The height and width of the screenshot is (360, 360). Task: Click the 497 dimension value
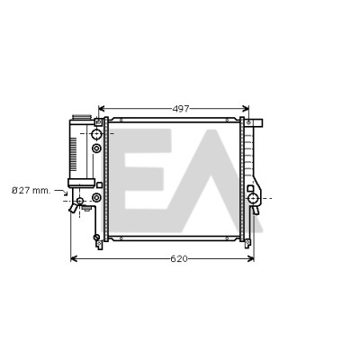point(181,109)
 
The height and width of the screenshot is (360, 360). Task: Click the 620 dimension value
point(179,258)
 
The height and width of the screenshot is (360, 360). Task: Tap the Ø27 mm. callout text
point(31,191)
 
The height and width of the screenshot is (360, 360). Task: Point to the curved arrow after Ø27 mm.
point(61,192)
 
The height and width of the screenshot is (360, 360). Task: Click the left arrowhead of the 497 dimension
point(101,108)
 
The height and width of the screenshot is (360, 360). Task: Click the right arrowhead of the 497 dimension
point(247,108)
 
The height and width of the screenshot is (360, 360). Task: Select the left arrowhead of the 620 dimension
point(73,258)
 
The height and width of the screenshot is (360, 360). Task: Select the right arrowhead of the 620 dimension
point(251,258)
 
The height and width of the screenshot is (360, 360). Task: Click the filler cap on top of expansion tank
point(82,117)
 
